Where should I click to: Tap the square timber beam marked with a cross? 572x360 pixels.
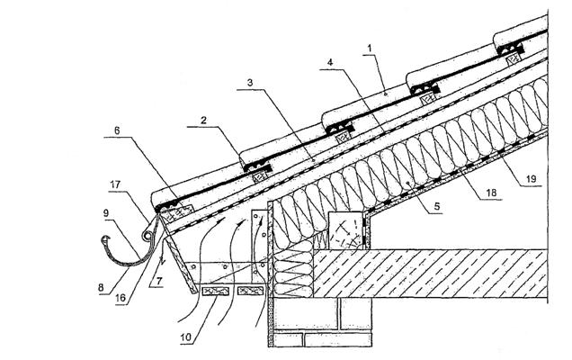(x=345, y=231)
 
